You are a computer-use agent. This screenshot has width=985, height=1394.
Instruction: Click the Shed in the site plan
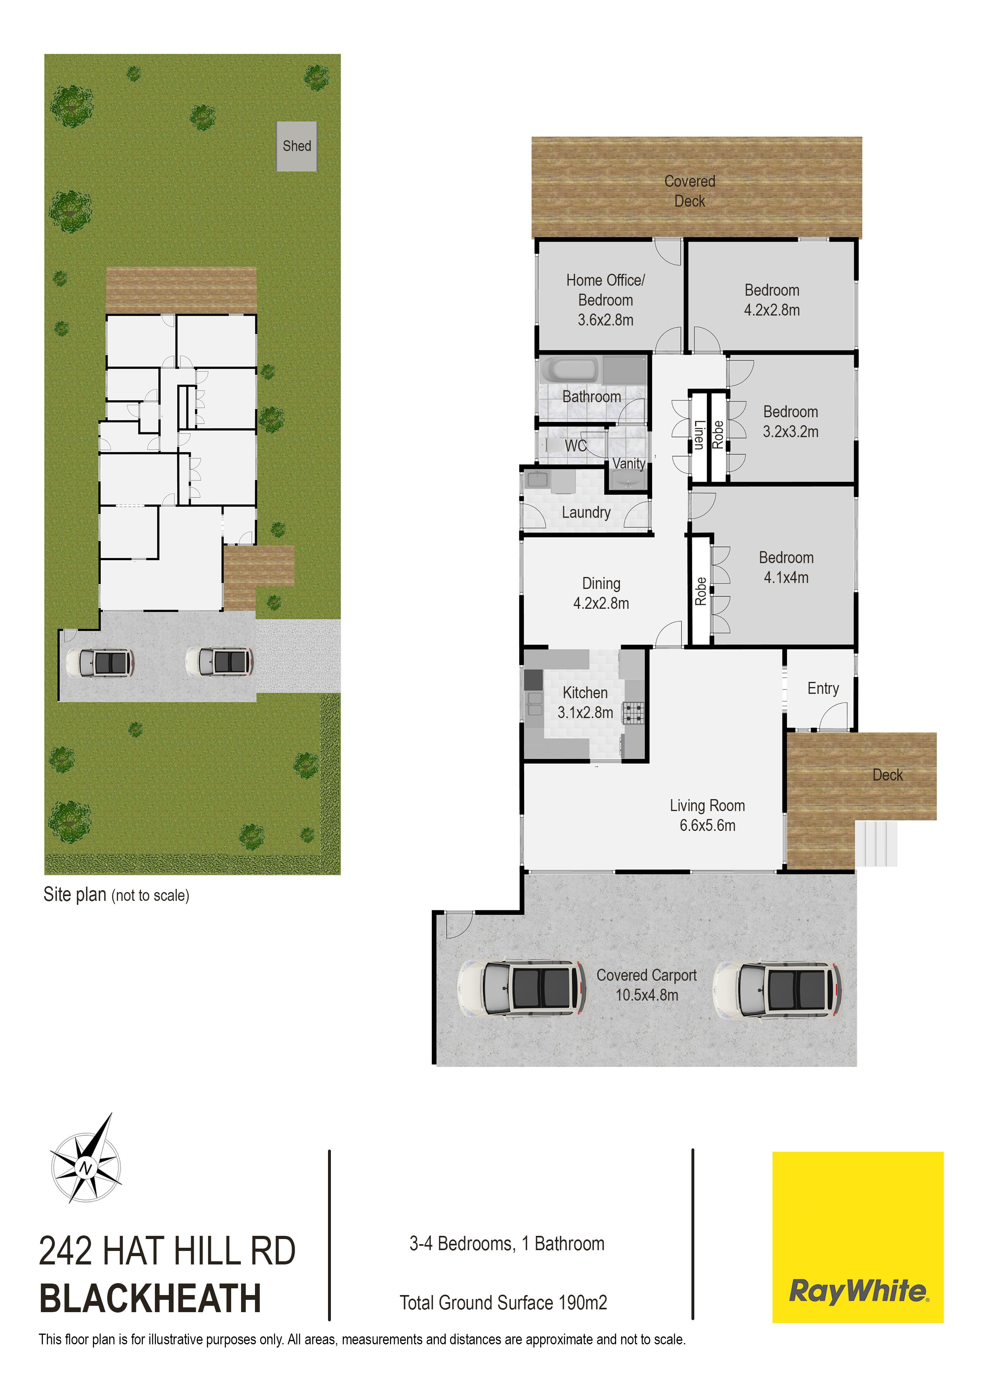pos(297,146)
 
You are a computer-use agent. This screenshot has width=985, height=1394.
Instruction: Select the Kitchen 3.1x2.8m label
pos(585,703)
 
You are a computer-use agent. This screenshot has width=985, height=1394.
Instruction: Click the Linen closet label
pos(699,435)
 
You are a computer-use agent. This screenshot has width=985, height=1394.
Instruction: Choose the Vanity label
pos(629,463)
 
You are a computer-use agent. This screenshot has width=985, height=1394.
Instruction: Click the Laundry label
pos(586,513)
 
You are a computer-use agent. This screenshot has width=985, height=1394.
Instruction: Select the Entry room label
pos(823,689)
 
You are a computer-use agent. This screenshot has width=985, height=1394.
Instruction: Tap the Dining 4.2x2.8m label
pos(601,593)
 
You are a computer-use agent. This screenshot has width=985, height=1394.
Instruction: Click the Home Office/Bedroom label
pos(606,300)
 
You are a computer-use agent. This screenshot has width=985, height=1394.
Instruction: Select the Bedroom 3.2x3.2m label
pos(791,421)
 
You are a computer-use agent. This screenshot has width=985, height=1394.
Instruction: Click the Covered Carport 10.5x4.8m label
pos(647,985)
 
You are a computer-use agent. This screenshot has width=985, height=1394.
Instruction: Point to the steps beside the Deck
pos(876,843)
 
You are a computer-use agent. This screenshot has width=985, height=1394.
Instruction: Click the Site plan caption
pos(116,894)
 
